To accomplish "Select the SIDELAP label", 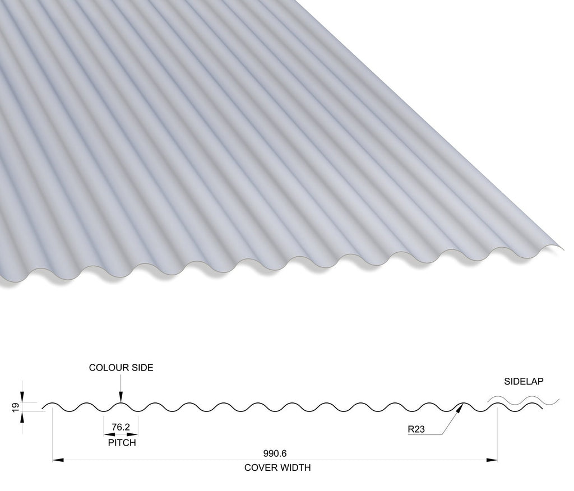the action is [524, 381].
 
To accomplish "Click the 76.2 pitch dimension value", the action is [121, 427].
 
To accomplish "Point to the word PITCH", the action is [122, 443].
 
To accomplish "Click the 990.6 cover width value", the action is [275, 453].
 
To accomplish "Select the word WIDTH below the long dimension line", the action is [295, 467].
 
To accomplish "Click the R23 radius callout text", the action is [416, 429].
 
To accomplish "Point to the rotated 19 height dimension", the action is [15, 407].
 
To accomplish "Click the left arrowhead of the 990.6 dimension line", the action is [58, 460].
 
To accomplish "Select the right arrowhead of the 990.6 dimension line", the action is [492, 460].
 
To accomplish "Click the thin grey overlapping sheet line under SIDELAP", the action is [524, 400].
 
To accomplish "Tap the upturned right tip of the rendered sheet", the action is [563, 248].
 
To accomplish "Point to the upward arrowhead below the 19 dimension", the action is [22, 417].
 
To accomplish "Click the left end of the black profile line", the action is [42, 408].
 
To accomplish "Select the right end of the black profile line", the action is [543, 407].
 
